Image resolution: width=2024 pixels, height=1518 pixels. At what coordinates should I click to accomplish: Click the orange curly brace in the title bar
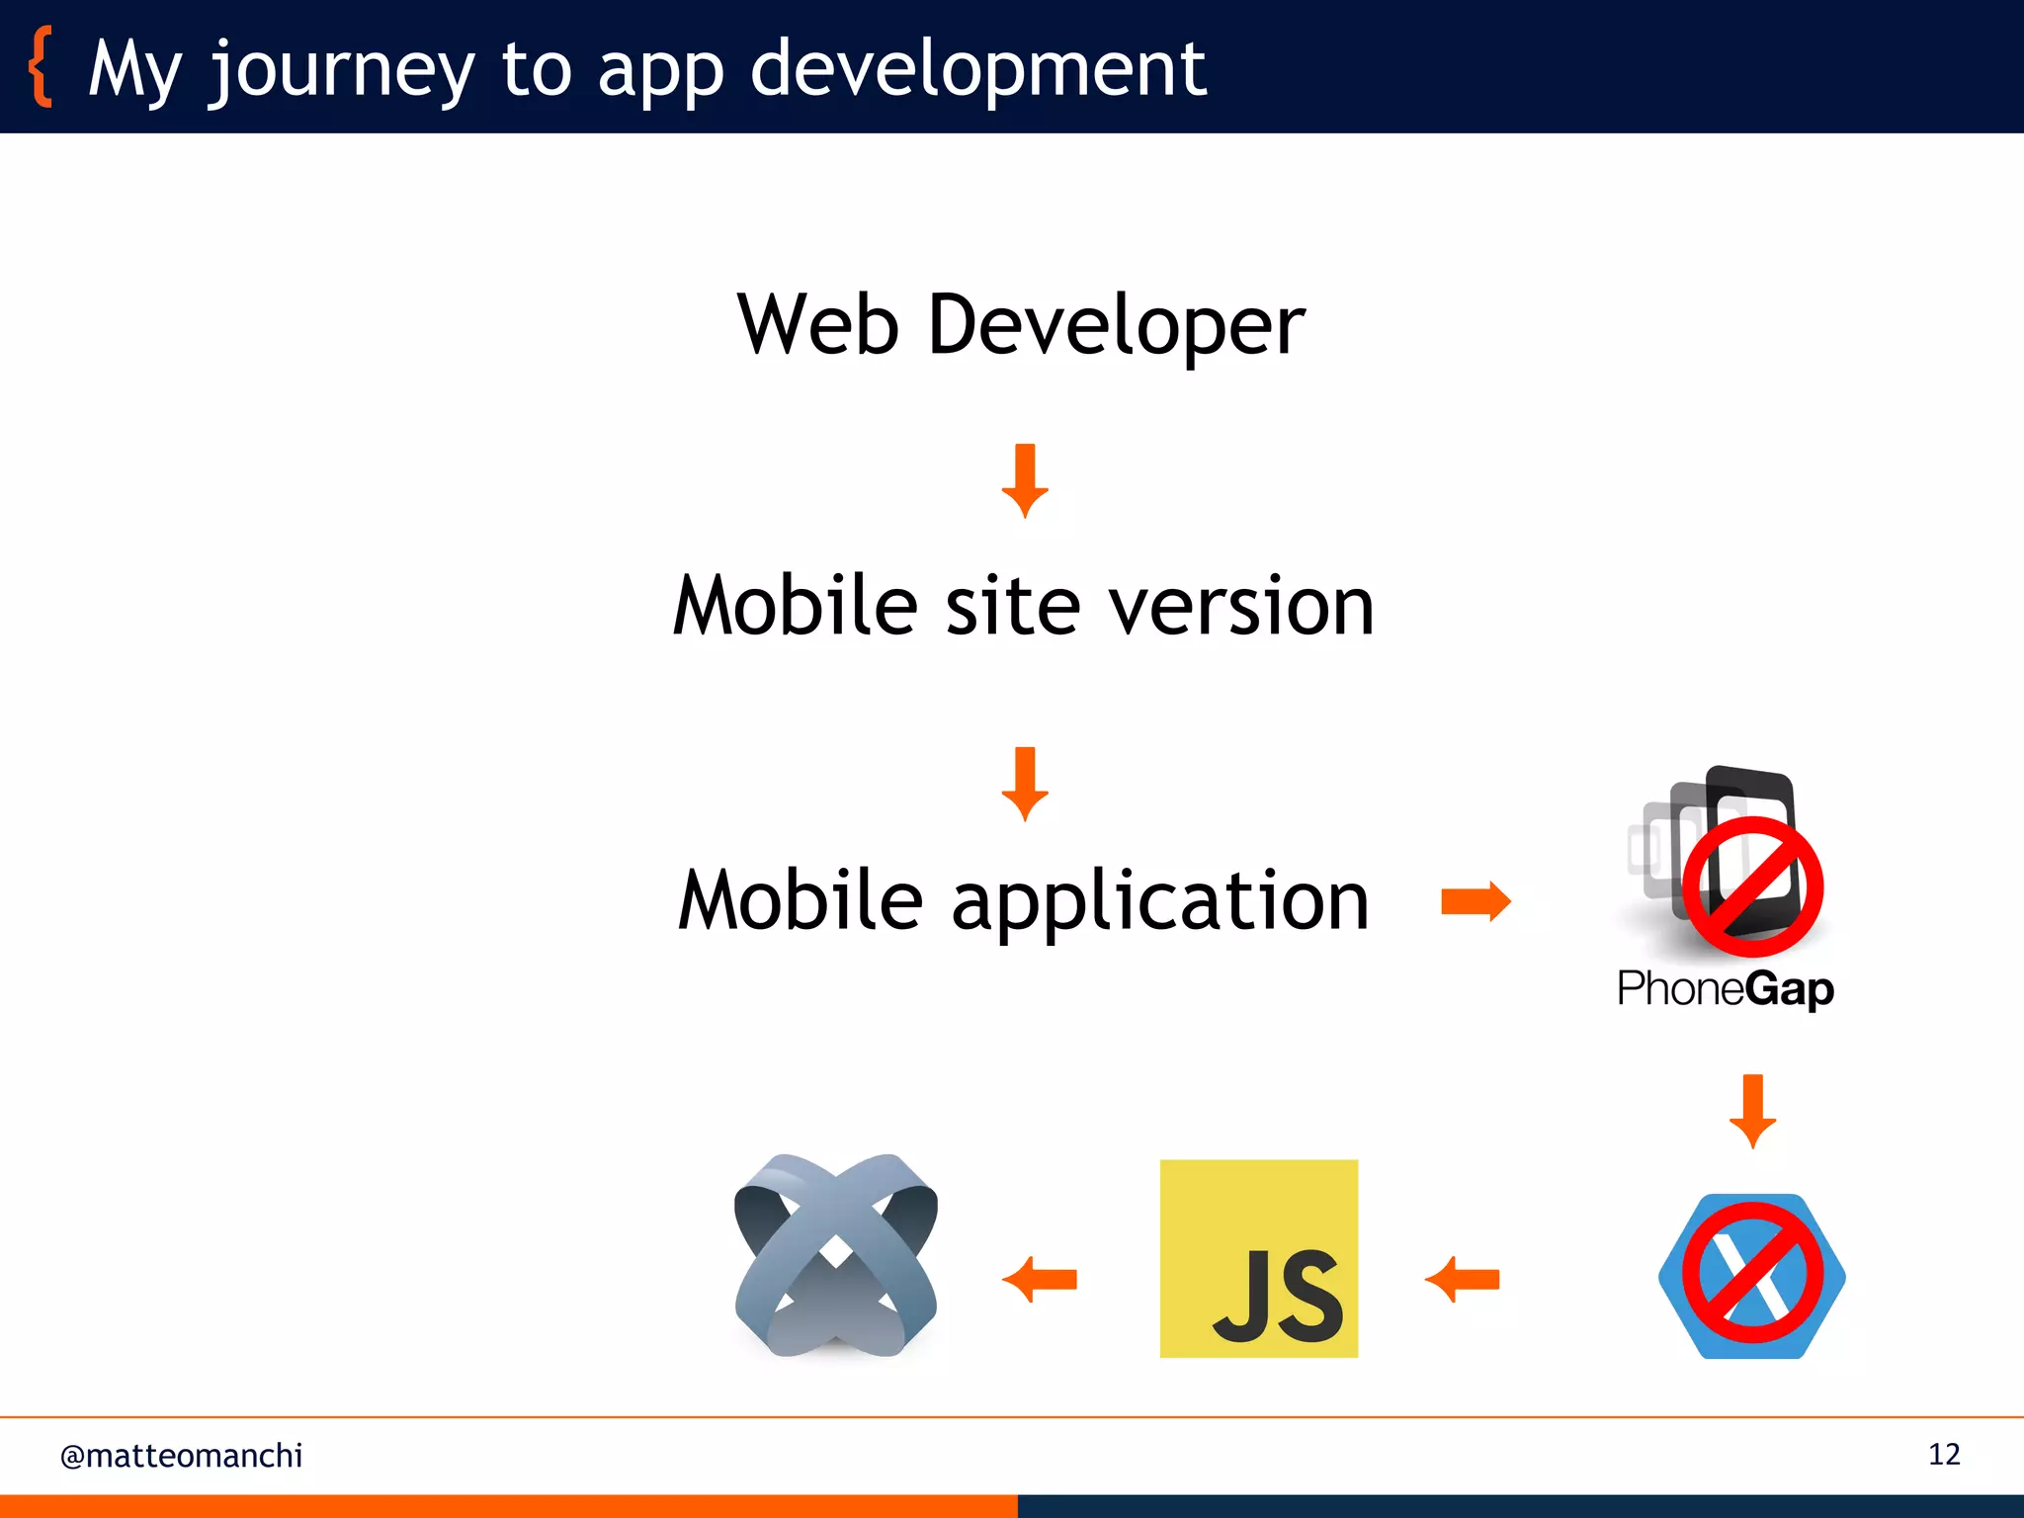pos(41,67)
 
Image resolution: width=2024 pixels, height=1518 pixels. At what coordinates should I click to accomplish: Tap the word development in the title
pos(977,69)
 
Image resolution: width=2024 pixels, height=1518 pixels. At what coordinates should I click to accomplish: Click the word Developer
pos(1117,326)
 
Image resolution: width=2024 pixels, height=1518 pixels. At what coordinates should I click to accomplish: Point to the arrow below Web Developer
pos(1025,480)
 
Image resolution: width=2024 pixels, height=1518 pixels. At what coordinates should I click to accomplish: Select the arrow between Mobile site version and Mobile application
pos(1025,784)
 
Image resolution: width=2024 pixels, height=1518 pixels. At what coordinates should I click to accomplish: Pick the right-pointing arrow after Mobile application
pos(1476,901)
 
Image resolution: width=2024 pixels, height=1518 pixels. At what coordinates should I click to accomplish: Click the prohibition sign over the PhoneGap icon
pos(1752,886)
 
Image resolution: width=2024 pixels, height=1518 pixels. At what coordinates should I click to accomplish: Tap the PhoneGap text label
pos(1726,988)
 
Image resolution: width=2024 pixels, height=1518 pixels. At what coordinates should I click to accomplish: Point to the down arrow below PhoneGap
pos(1752,1111)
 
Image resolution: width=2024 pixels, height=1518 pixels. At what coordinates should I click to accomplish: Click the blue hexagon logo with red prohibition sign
pos(1752,1276)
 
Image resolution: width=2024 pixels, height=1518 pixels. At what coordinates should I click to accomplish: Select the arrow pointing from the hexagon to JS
pos(1462,1280)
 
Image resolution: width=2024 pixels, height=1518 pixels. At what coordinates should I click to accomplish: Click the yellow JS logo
pos(1258,1258)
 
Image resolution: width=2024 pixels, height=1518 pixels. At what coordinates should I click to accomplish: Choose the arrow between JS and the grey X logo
pos(1040,1280)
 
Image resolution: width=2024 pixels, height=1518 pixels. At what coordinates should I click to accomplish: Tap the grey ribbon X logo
pos(836,1255)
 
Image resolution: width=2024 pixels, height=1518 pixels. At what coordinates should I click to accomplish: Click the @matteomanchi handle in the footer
pos(182,1456)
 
